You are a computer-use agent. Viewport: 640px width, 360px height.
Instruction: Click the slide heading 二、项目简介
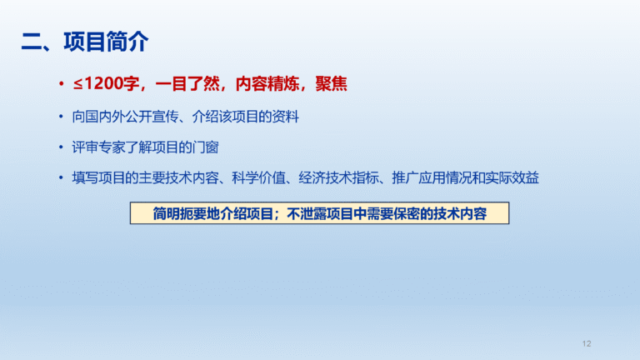(85, 42)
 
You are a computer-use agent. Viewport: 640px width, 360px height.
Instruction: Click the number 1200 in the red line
(103, 83)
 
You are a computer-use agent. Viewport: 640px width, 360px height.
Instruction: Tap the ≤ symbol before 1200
(78, 84)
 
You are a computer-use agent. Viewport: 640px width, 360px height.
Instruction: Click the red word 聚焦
(332, 84)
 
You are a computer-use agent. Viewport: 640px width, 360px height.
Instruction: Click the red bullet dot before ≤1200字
(61, 84)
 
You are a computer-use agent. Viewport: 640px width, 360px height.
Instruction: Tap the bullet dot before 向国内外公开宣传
(61, 117)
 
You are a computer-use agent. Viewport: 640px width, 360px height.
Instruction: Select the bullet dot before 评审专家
(61, 147)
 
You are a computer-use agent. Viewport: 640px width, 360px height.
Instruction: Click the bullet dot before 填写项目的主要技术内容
(61, 177)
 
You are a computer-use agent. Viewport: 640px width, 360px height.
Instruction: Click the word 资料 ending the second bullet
(286, 117)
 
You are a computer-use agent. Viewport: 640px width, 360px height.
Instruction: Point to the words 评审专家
(99, 147)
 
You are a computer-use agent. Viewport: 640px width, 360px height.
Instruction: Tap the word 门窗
(205, 147)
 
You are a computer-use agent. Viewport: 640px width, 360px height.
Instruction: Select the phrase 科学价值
(259, 178)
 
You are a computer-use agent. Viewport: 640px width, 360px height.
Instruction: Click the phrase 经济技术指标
(338, 178)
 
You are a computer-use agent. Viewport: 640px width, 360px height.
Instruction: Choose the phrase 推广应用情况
(432, 178)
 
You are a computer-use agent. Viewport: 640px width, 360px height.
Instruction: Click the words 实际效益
(512, 178)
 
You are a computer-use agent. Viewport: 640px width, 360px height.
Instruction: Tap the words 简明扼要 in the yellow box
(180, 213)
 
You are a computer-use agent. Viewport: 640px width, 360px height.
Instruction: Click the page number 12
(587, 343)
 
